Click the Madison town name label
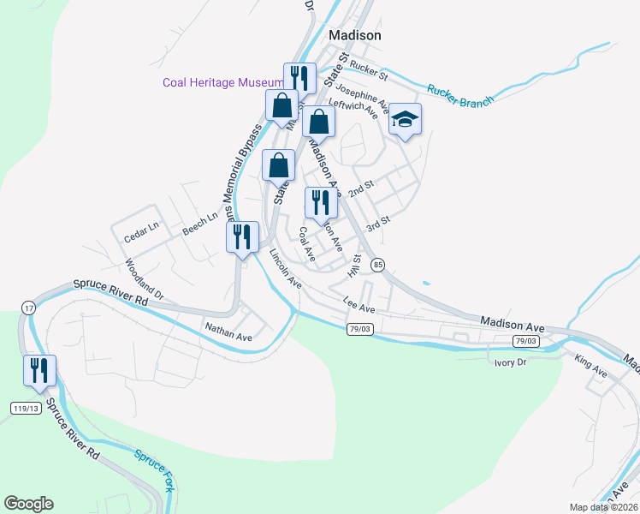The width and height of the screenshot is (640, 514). (355, 35)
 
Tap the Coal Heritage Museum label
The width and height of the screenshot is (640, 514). (223, 82)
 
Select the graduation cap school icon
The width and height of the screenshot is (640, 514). (406, 120)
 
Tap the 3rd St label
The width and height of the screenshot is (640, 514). (377, 224)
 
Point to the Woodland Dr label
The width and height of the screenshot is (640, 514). (143, 280)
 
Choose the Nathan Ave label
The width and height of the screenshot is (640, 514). (228, 332)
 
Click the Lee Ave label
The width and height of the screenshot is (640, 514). (359, 304)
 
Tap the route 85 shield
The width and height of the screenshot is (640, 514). (377, 266)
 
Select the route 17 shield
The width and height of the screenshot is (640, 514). (28, 307)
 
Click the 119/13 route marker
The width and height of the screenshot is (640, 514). (26, 408)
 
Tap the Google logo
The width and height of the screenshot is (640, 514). (28, 503)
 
